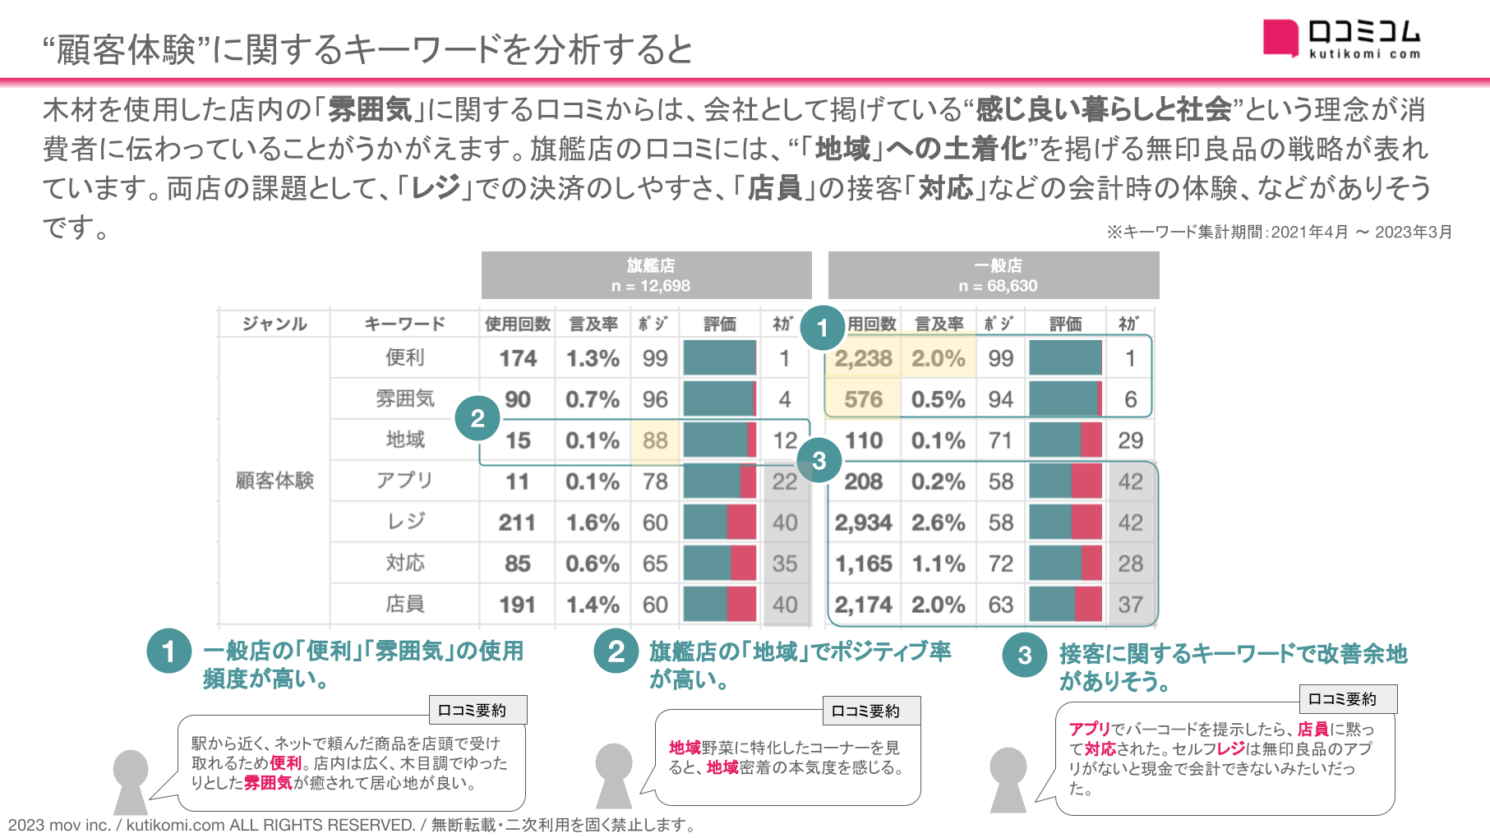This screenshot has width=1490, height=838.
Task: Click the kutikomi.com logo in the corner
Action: click(1341, 39)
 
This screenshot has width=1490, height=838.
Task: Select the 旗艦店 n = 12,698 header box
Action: click(647, 275)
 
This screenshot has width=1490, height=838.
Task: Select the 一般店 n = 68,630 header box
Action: click(994, 275)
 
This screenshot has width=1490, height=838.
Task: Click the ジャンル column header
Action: click(274, 324)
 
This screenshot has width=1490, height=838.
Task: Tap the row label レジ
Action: click(405, 522)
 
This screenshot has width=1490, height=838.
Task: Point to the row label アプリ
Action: click(405, 481)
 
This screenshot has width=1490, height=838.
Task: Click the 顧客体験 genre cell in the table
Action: click(274, 481)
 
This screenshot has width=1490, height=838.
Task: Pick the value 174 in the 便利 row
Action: click(518, 358)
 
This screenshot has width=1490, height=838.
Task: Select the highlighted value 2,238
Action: click(863, 358)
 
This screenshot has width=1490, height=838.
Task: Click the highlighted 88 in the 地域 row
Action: click(655, 440)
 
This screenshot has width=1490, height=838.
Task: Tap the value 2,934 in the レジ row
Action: click(863, 523)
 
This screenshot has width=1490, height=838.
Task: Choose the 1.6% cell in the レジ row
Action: click(593, 523)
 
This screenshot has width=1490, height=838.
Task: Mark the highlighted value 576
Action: click(863, 399)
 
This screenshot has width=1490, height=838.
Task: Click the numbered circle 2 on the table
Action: click(477, 418)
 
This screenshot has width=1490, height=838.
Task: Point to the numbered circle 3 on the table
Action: click(819, 460)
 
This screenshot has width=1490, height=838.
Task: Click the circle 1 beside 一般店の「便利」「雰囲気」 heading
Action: click(168, 652)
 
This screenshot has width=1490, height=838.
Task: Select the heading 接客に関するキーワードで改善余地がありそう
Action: click(1233, 666)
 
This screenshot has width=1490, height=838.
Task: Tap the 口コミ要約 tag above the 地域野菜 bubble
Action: click(871, 711)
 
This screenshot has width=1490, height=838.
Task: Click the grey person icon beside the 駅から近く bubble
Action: click(130, 781)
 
